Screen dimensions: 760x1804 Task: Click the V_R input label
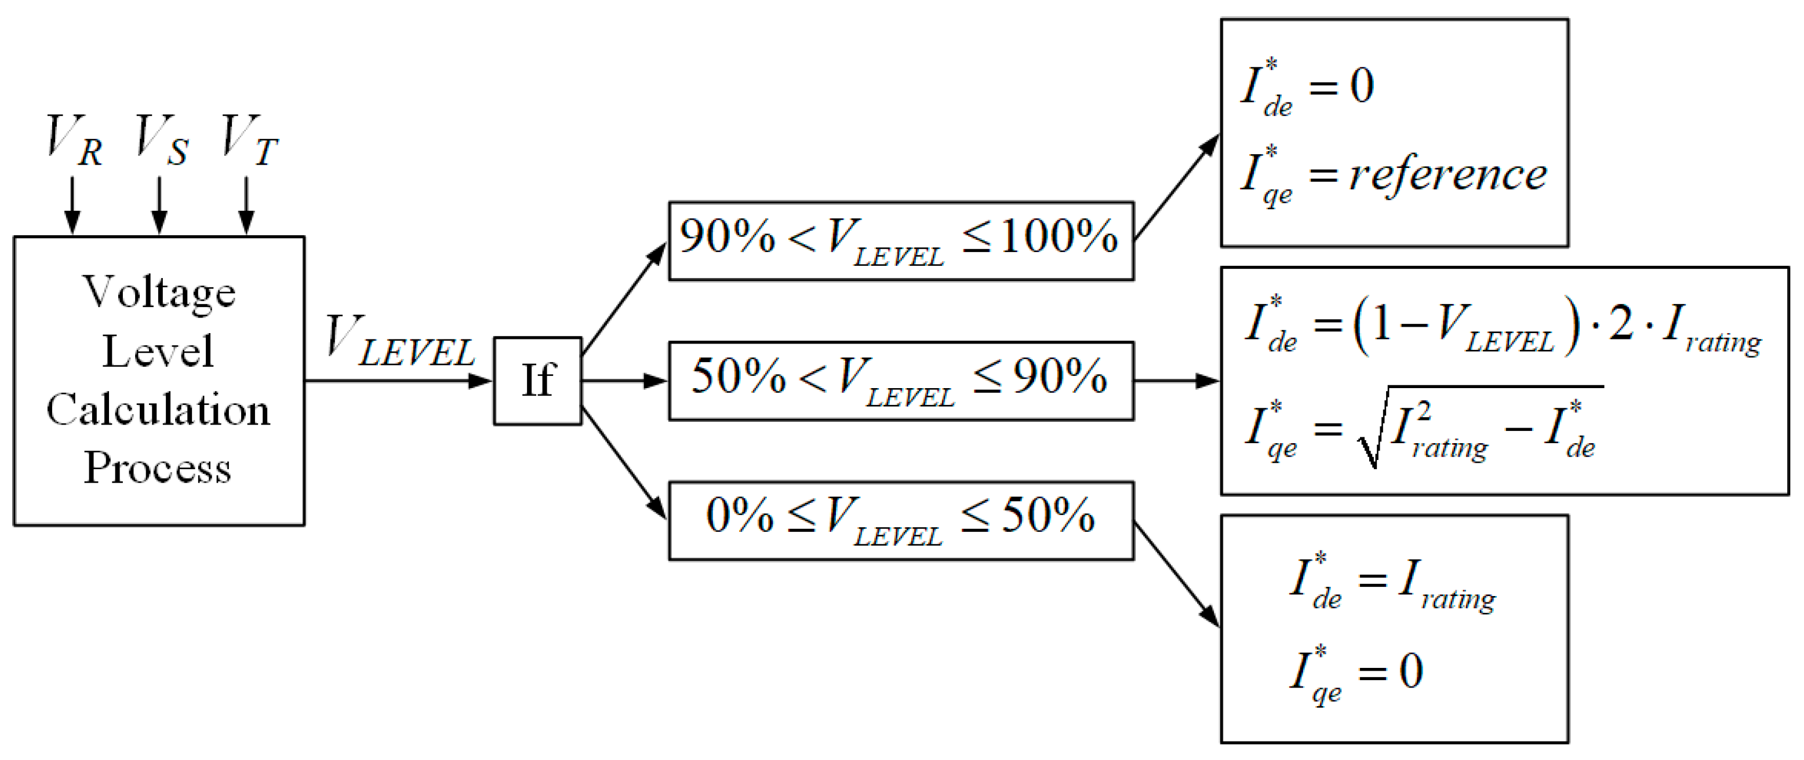74,141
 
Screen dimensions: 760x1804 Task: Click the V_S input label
161,141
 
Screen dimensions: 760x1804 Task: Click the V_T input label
249,141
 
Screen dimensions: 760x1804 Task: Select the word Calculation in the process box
158,410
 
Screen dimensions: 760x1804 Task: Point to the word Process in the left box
158,467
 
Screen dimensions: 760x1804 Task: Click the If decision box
537,381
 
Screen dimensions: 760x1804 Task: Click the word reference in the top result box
1447,175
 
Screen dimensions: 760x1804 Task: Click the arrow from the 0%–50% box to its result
1177,574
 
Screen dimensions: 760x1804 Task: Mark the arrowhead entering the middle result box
1207,381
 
